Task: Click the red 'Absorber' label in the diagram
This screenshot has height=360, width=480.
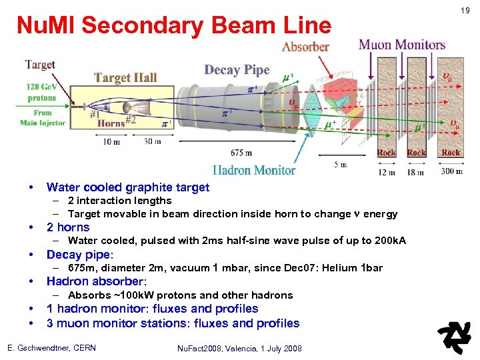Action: point(305,47)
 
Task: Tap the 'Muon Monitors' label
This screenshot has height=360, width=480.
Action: point(402,45)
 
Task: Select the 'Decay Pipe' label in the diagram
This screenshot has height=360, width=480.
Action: point(237,70)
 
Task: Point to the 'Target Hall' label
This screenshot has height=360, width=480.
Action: point(125,77)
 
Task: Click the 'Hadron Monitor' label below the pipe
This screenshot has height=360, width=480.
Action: point(254,170)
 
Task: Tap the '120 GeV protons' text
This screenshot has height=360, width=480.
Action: point(41,92)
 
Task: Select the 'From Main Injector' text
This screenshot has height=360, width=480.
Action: point(43,118)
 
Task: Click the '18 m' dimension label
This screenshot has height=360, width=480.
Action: point(417,173)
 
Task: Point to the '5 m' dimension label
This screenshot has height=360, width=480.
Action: point(340,165)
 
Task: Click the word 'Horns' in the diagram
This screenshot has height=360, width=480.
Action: point(111,123)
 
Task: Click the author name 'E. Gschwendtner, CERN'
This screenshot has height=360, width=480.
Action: point(51,348)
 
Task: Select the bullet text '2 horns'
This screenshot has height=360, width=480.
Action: point(68,227)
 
